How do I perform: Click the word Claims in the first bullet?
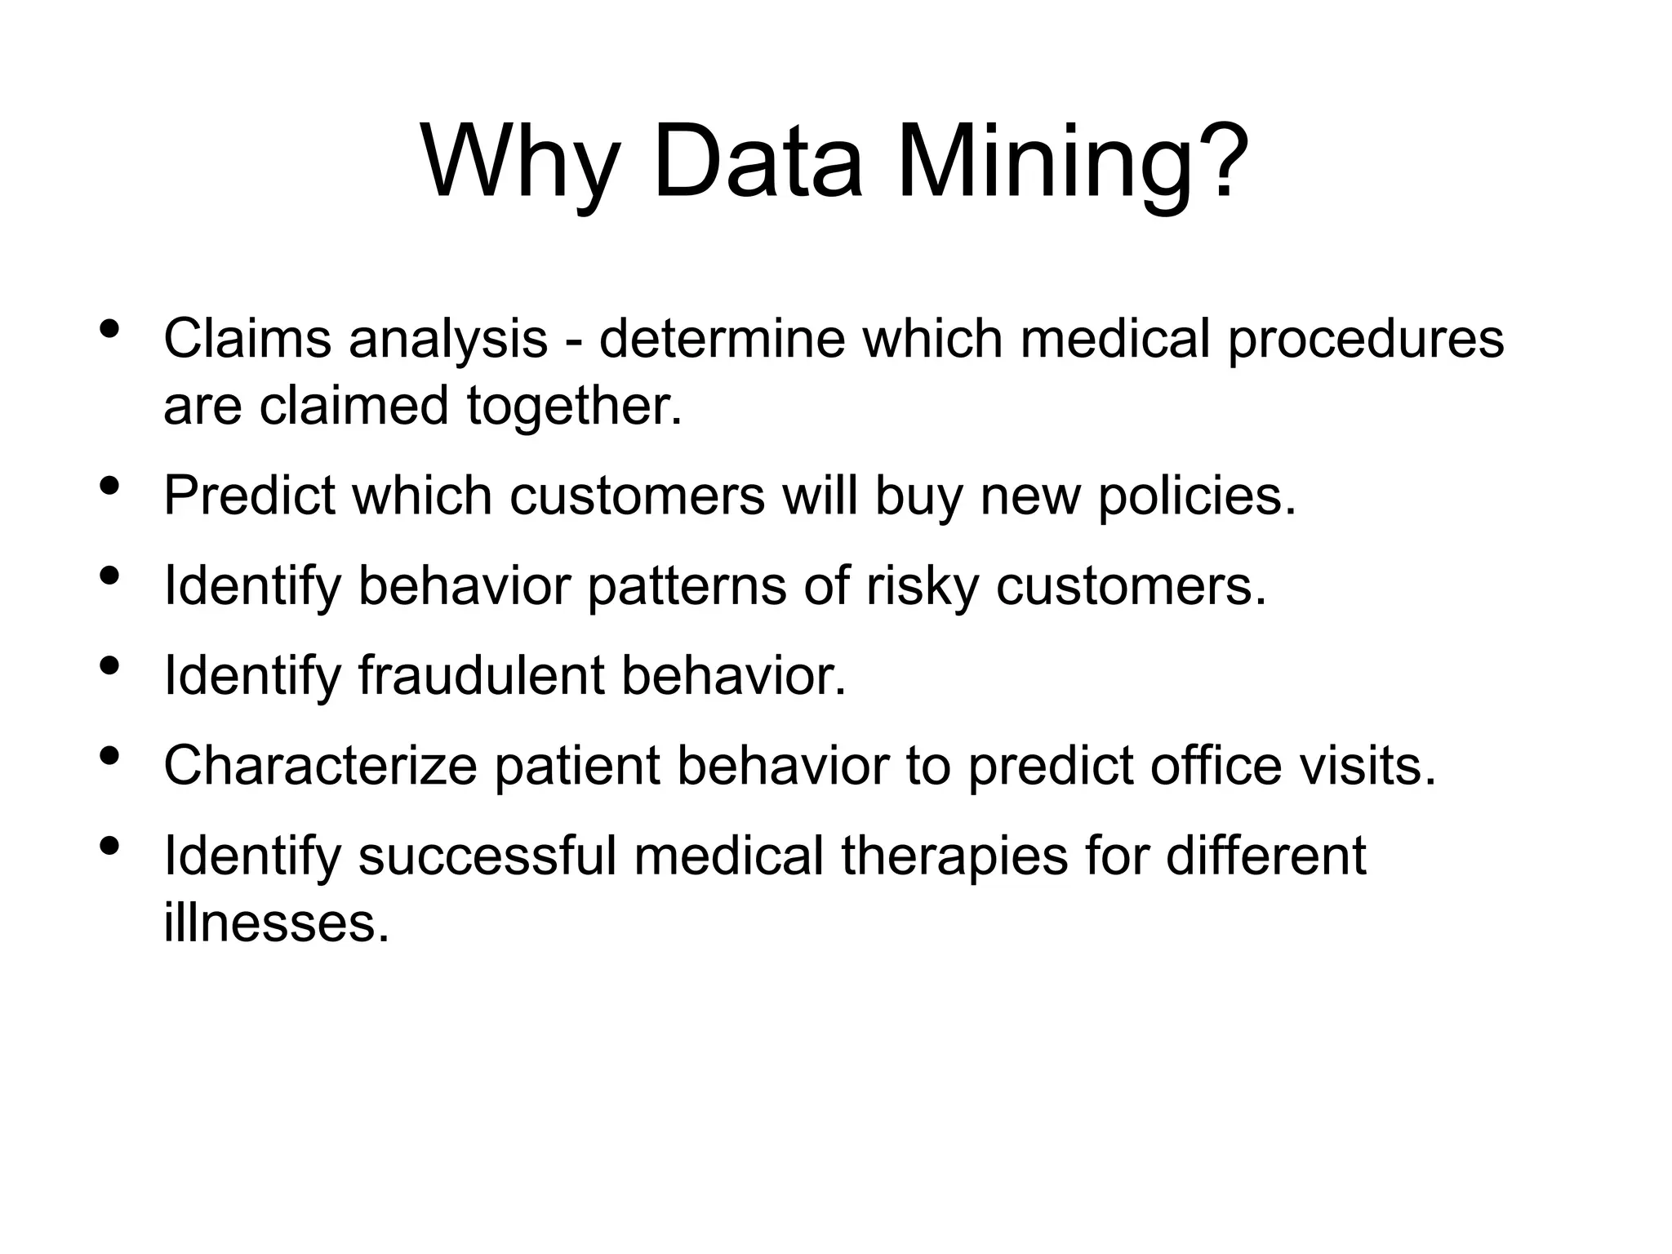point(247,338)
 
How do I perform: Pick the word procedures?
point(1365,338)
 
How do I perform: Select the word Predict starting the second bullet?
point(248,495)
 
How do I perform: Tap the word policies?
point(1197,495)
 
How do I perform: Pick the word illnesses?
point(276,923)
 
